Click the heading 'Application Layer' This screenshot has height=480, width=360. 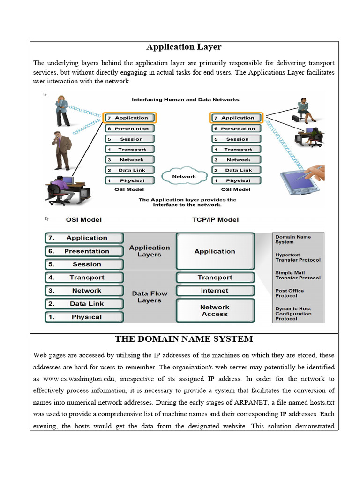(x=184, y=47)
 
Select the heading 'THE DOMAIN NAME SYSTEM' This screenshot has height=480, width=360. (x=184, y=339)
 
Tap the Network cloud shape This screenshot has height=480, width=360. (x=184, y=177)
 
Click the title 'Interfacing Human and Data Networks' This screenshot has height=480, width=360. (x=185, y=100)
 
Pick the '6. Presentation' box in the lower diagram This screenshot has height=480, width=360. (x=84, y=251)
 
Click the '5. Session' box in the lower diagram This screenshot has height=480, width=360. (x=84, y=264)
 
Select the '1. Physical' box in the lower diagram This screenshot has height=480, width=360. (x=84, y=317)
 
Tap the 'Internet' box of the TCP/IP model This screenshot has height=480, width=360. (x=215, y=291)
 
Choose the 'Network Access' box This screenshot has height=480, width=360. (x=215, y=310)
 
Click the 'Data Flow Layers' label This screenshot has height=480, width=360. (x=150, y=297)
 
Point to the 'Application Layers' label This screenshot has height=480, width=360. (x=150, y=251)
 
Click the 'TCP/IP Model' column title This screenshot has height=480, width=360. (x=215, y=219)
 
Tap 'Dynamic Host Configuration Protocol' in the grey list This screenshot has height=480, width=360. (x=293, y=314)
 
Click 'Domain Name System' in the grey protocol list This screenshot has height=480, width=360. (x=292, y=240)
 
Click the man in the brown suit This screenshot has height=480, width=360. (x=61, y=150)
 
